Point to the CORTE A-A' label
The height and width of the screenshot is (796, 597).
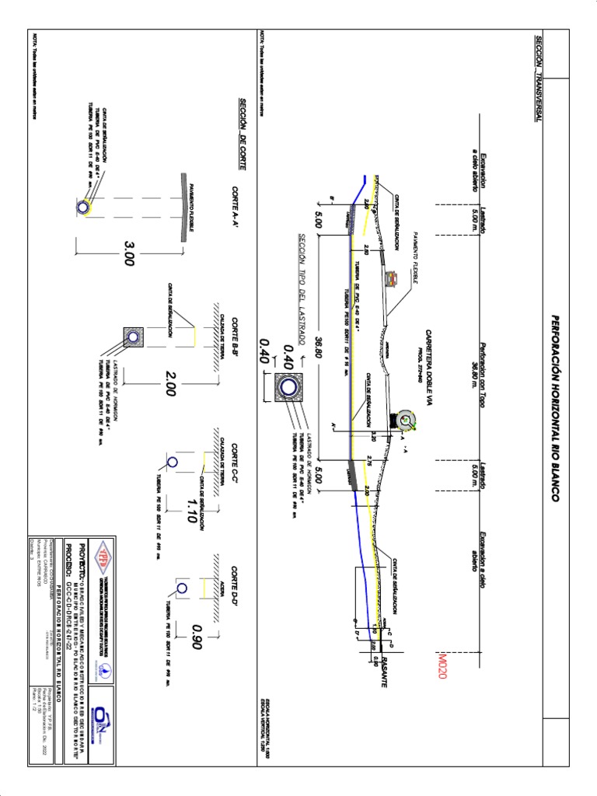pyautogui.click(x=234, y=208)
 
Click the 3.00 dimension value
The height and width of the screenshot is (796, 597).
pyautogui.click(x=128, y=253)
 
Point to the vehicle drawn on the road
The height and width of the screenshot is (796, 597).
pyautogui.click(x=405, y=421)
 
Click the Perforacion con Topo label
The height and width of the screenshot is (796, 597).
pyautogui.click(x=477, y=364)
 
